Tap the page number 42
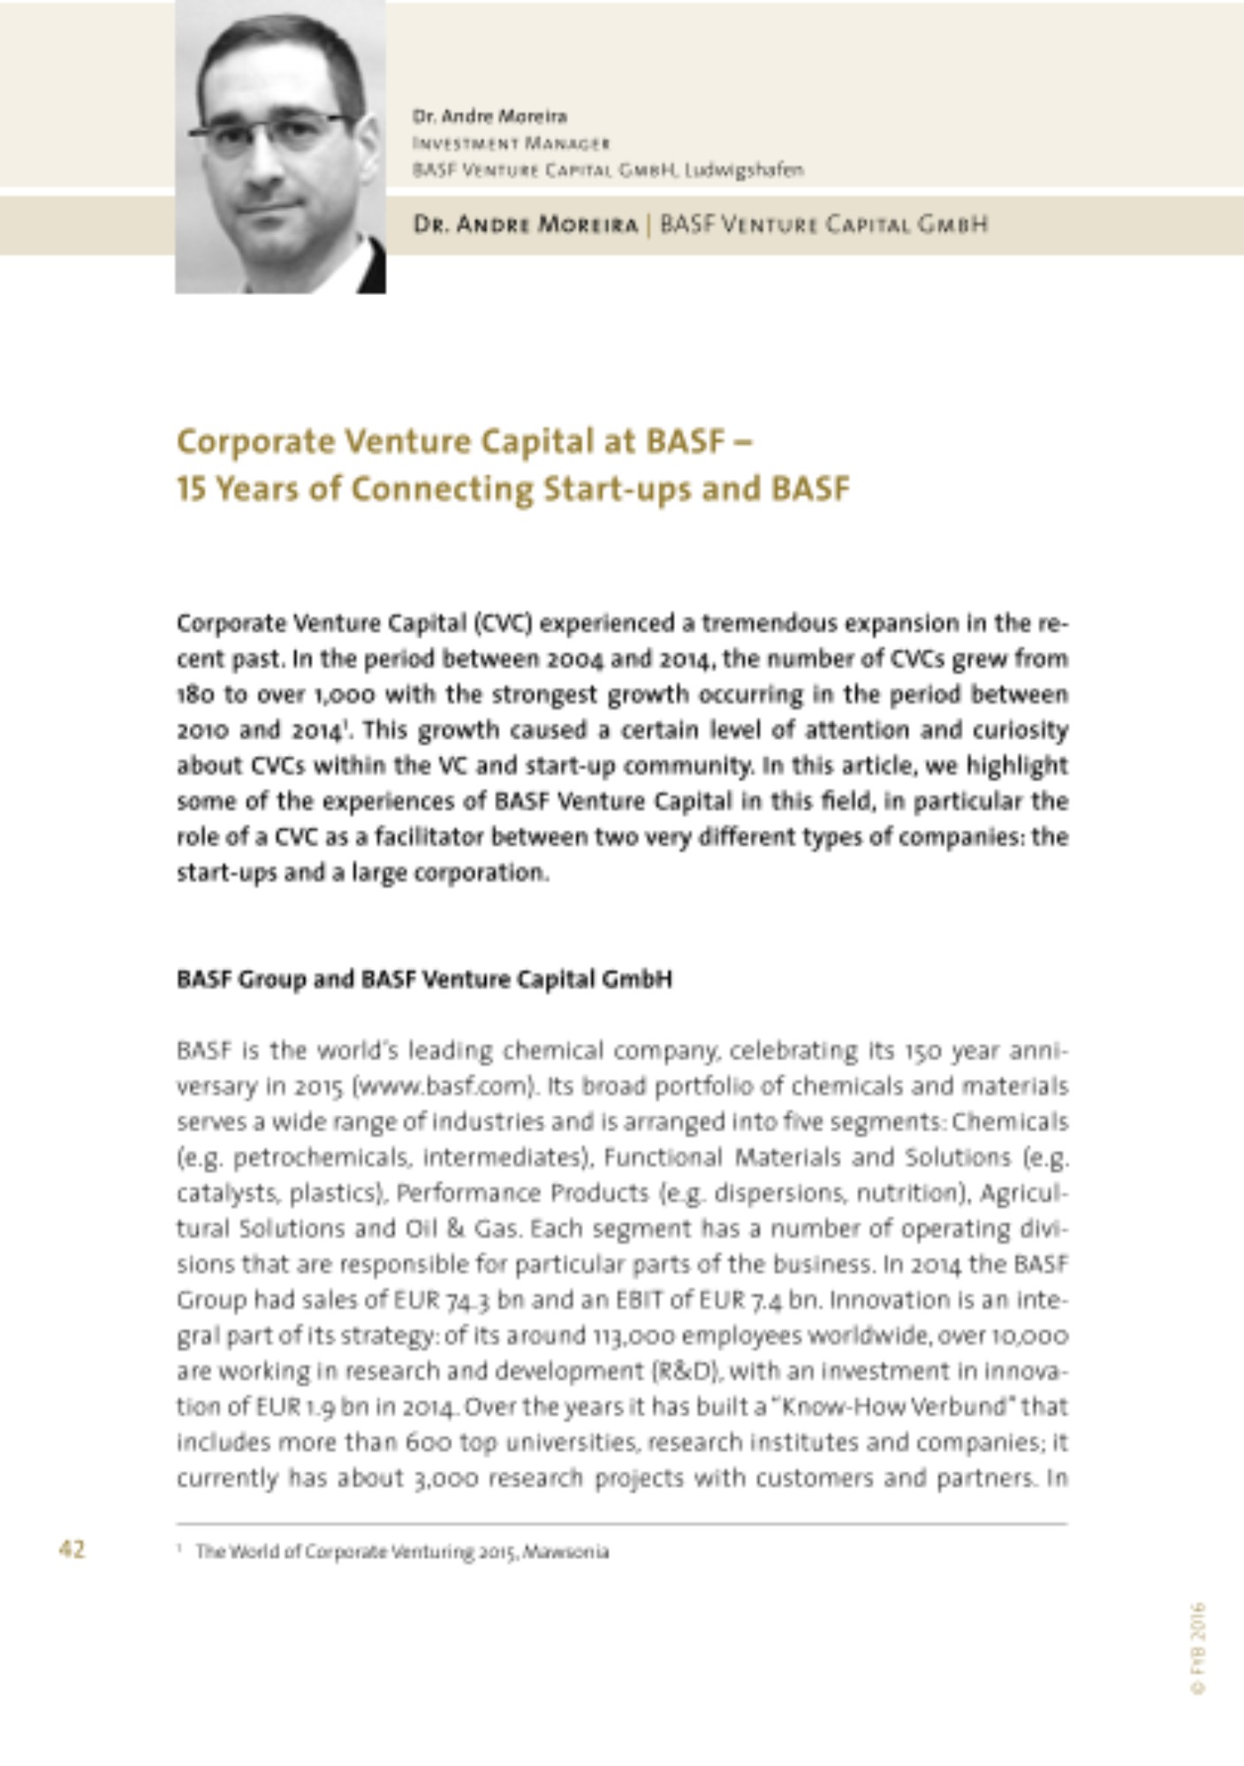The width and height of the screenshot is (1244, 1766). pos(72,1549)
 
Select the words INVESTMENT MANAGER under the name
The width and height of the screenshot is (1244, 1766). pos(511,143)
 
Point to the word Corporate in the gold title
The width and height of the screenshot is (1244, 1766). pos(255,441)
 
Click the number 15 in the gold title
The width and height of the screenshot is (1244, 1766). pos(191,488)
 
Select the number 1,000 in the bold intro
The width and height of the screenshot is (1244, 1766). pos(344,695)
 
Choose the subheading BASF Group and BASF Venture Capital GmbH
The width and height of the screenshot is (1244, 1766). pos(424,979)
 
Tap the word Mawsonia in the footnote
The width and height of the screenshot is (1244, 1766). pos(565,1551)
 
